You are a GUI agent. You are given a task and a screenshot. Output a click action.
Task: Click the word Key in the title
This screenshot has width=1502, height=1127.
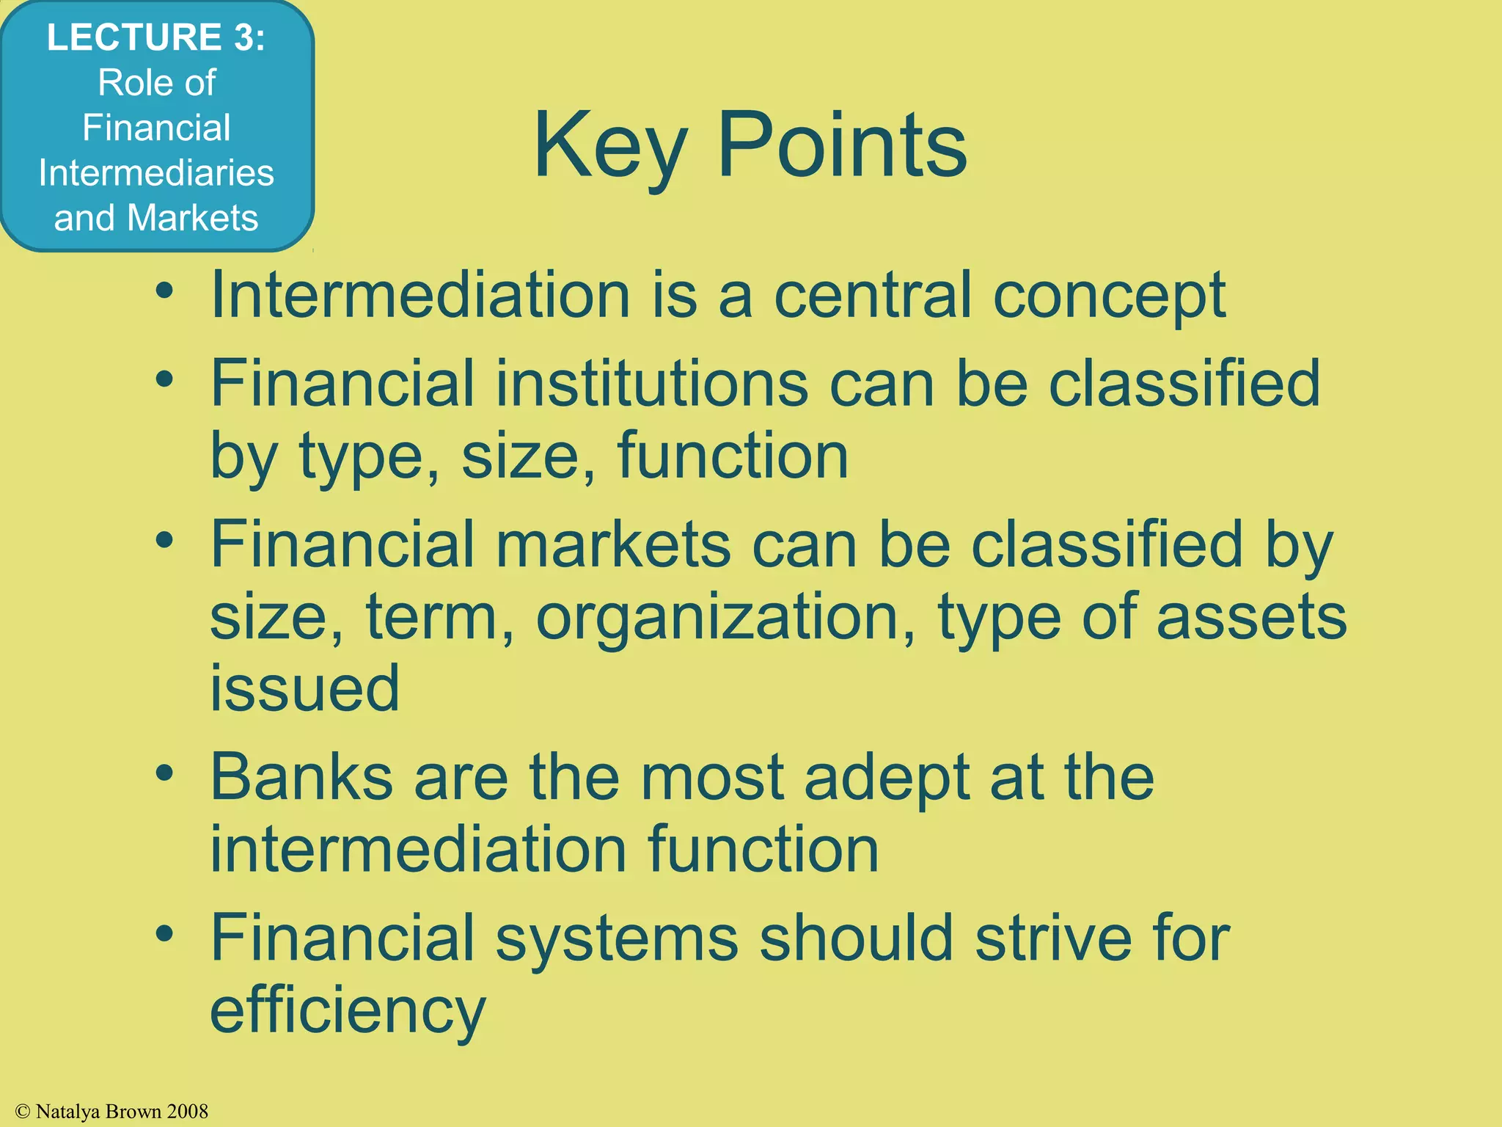click(x=610, y=147)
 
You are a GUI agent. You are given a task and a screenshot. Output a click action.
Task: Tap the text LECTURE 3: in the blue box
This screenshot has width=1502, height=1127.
click(x=155, y=37)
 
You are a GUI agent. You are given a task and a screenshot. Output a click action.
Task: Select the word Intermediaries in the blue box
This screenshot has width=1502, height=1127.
click(x=156, y=173)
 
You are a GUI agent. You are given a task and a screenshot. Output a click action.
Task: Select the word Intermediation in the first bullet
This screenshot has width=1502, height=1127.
click(x=420, y=295)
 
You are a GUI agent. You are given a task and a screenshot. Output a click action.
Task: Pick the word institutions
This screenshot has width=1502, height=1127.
click(x=651, y=384)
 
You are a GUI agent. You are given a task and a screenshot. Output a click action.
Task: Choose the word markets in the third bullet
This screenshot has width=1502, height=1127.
click(x=613, y=544)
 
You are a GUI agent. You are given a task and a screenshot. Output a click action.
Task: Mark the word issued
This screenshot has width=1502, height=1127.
click(x=305, y=688)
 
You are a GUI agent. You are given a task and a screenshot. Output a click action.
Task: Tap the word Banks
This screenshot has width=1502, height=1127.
click(x=301, y=777)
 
